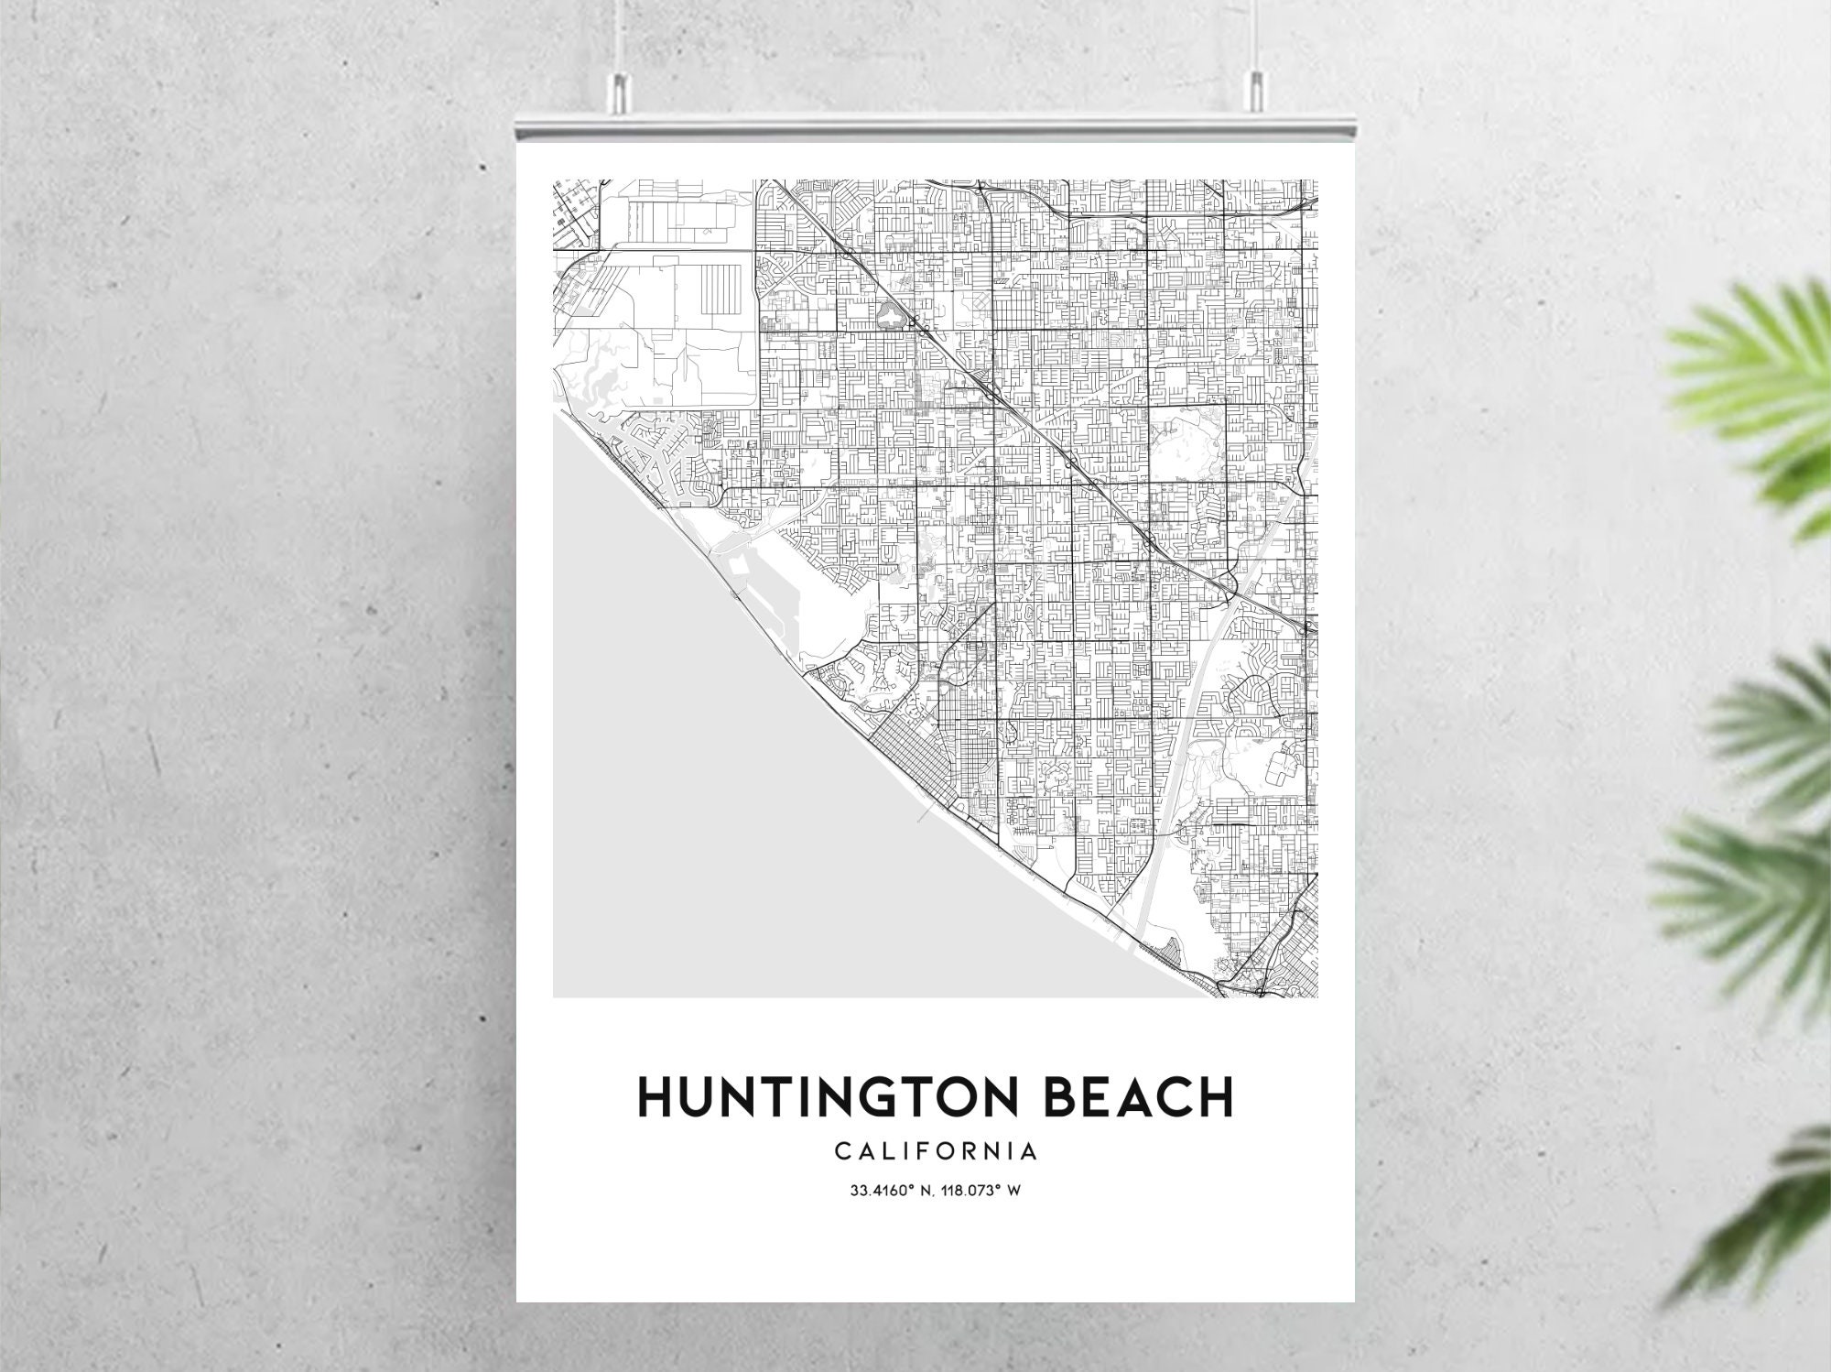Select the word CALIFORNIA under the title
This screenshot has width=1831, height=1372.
tap(935, 1151)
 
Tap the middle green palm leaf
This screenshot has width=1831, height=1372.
tap(1771, 724)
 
